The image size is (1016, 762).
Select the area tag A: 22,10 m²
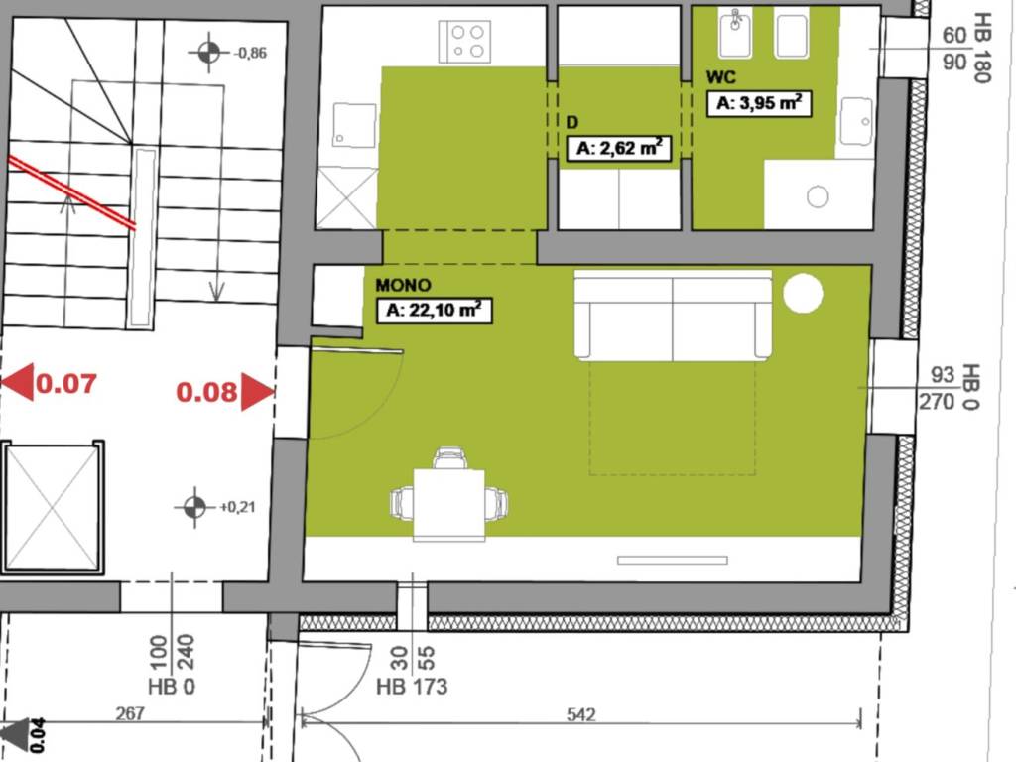tap(436, 311)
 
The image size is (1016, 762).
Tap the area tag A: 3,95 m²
tap(759, 104)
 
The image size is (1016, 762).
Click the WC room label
tap(720, 77)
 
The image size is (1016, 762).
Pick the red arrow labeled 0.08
tap(256, 392)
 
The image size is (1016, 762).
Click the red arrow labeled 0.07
tap(18, 382)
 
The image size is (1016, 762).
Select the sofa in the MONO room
tap(673, 317)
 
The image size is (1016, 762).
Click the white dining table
tap(449, 504)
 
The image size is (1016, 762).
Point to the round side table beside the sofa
tap(803, 294)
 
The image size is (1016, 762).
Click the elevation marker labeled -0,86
tap(208, 53)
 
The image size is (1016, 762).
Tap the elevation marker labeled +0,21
tap(194, 507)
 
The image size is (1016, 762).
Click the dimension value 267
tap(130, 713)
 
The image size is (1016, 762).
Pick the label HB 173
tap(412, 686)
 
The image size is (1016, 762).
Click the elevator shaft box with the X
tap(53, 507)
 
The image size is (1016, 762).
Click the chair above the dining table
tap(449, 458)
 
